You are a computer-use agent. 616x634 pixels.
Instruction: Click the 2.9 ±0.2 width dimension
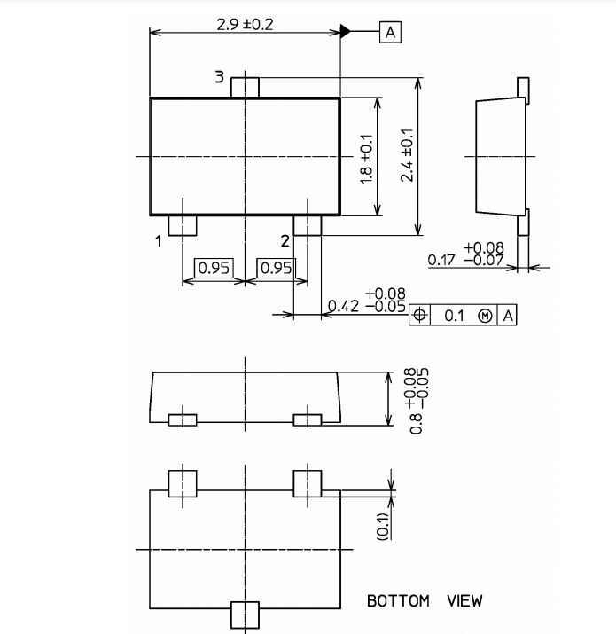coord(245,25)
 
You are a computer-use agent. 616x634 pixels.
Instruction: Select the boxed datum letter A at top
coord(390,32)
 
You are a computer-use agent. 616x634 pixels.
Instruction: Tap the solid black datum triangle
coord(345,31)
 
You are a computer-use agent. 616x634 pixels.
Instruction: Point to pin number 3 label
coord(219,76)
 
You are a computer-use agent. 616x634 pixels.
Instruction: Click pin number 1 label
coord(159,241)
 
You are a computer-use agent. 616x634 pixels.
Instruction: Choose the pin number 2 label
coord(285,241)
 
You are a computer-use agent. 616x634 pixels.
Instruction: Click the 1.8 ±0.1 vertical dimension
coord(366,160)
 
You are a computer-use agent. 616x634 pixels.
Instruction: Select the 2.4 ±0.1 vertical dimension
coord(407,155)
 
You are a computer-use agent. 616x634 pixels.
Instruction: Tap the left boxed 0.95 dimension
coord(214,268)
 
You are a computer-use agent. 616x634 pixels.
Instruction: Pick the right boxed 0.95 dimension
coord(276,268)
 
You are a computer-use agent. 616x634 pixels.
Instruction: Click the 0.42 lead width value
coord(343,306)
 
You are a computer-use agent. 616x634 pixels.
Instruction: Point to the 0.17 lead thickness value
coord(441,260)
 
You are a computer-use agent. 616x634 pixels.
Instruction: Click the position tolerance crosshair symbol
coord(419,315)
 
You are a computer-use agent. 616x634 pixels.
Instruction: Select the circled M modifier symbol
coord(485,316)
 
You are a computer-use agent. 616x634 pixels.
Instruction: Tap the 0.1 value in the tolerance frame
coord(454,316)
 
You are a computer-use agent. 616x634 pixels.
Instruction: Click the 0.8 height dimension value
coord(416,424)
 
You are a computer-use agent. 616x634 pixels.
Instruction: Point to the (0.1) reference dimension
coord(383,527)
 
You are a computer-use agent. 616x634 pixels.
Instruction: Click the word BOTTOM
coord(398,601)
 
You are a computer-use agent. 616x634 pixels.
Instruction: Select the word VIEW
coord(464,601)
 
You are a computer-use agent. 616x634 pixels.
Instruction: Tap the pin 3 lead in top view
coord(245,87)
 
